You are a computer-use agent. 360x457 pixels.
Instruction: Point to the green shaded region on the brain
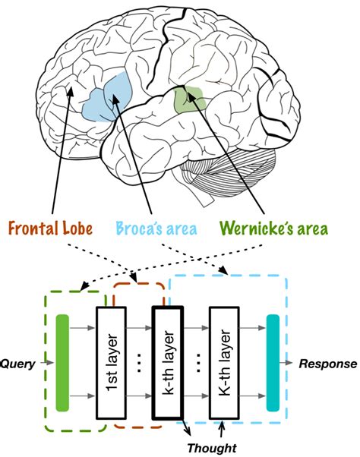(188, 99)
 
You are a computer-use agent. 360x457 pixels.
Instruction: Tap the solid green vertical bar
(62, 363)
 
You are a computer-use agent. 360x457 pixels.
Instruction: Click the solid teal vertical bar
(273, 363)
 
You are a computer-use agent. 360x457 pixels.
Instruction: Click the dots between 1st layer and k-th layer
(140, 363)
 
